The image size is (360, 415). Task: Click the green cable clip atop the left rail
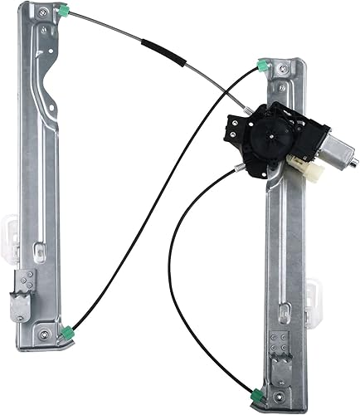click(64, 12)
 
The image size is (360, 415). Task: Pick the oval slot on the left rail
click(38, 249)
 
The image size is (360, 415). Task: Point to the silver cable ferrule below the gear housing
click(241, 169)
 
